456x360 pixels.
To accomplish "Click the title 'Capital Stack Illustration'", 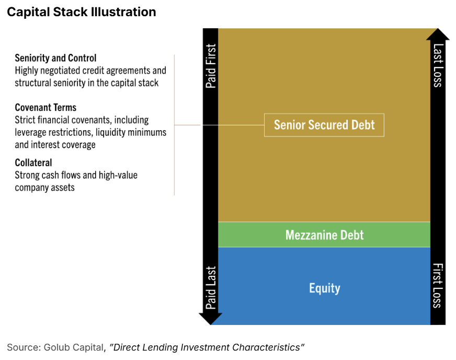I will pos(81,12).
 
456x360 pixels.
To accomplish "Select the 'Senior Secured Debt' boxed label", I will pos(324,125).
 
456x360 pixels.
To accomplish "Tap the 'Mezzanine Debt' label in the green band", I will pos(324,235).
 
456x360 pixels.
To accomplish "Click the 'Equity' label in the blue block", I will pos(324,288).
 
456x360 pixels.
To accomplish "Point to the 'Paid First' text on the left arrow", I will pos(211,66).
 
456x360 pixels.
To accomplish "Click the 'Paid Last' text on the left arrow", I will pos(211,288).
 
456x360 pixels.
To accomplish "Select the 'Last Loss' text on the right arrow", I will pos(438,65).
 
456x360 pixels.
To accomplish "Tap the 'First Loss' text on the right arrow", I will pos(438,285).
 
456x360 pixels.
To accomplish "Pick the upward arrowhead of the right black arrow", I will pos(438,34).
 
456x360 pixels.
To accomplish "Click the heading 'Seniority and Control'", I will pos(55,58).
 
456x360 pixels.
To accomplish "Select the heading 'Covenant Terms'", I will pos(45,108).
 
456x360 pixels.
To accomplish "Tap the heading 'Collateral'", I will pos(33,162).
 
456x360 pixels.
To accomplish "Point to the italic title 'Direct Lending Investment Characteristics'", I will pos(207,347).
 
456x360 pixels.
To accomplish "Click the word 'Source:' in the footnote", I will pos(22,347).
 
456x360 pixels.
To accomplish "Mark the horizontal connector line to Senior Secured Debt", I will pos(220,125).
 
